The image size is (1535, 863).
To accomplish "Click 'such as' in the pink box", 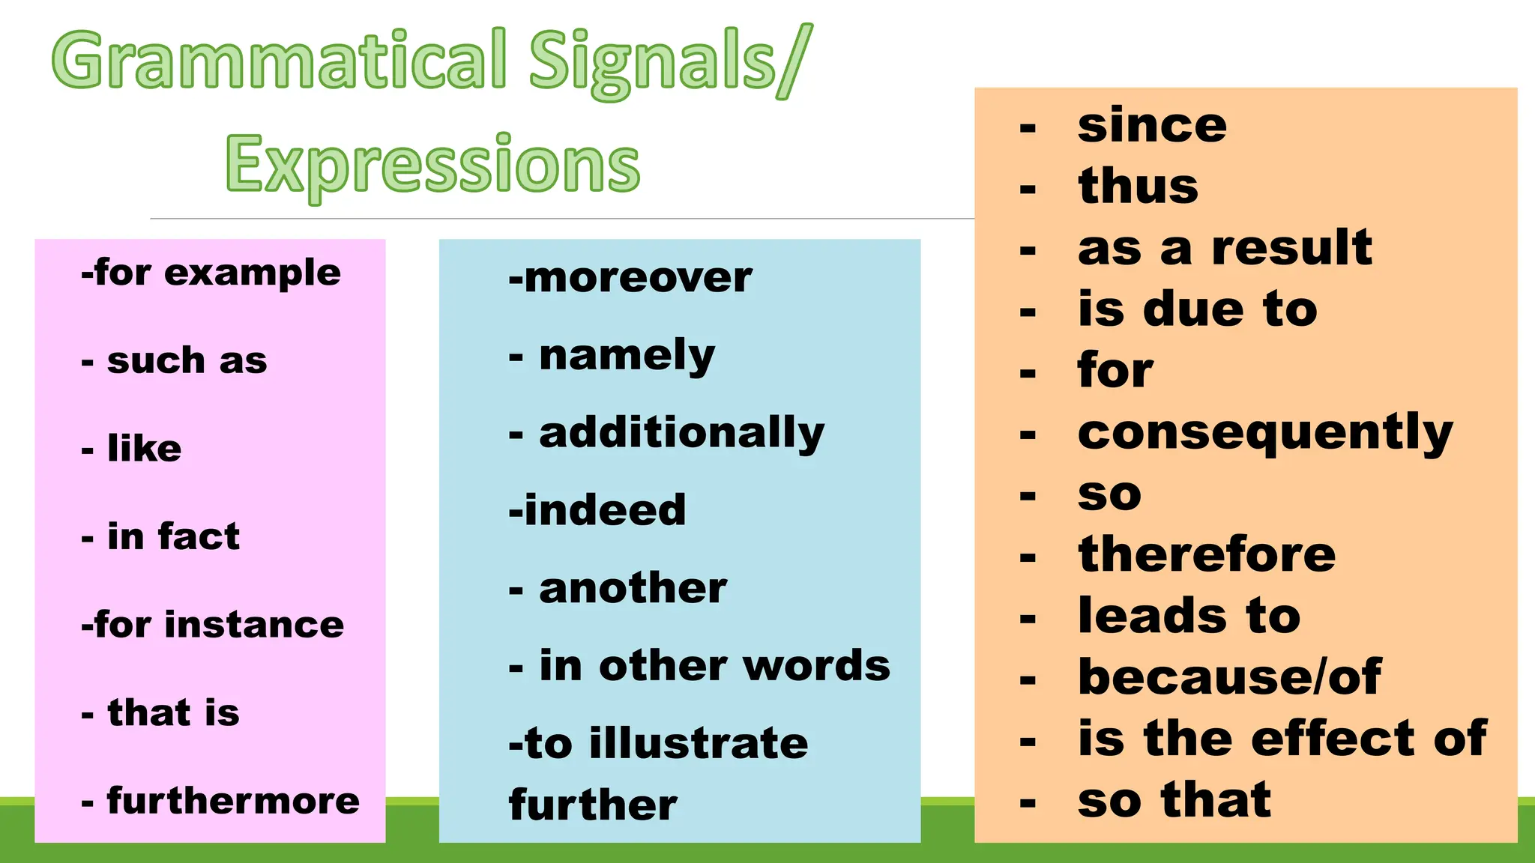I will (x=187, y=361).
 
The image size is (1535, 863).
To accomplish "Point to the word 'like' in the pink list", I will (x=144, y=449).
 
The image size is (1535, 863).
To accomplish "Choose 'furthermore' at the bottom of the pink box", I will (x=233, y=801).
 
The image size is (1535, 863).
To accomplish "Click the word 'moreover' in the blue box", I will (x=637, y=278).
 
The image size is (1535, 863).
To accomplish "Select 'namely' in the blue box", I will (x=627, y=356).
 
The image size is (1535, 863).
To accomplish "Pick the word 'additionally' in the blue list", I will (x=681, y=434).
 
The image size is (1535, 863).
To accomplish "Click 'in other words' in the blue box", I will (x=714, y=666).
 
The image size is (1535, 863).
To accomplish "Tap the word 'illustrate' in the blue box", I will (x=699, y=743).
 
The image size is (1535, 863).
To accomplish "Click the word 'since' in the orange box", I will (x=1152, y=125).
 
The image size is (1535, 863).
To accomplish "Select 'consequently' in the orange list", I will (x=1265, y=433).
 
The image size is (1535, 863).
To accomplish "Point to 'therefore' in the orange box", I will (x=1207, y=555).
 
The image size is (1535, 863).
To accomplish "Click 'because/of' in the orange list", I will (x=1229, y=677).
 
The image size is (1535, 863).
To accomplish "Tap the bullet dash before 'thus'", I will (x=1028, y=189).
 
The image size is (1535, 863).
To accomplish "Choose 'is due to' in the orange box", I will (x=1197, y=309).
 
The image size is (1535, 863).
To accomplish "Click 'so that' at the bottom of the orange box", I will (x=1174, y=800).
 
